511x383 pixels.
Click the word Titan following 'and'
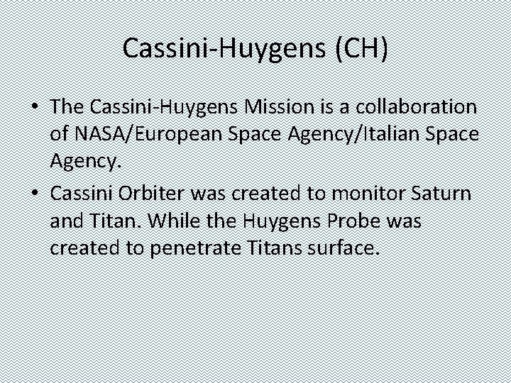[x=106, y=221]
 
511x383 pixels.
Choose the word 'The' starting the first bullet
[x=67, y=106]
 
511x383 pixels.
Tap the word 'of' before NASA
[x=60, y=135]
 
